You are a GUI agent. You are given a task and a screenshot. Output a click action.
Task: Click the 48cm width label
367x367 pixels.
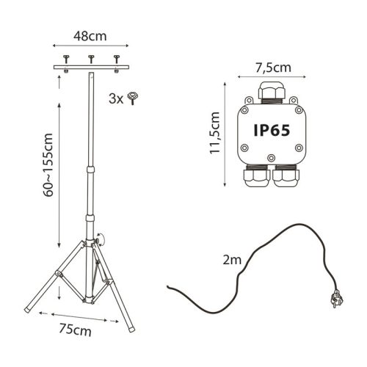click(91, 34)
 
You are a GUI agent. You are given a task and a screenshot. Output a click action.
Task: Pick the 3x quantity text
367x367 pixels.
click(115, 98)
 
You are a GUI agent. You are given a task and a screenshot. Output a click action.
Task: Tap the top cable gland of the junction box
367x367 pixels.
click(272, 92)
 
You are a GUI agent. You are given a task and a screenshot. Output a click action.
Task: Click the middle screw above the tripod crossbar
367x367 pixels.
click(91, 58)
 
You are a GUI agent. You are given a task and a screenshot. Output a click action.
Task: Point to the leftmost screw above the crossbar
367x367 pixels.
click(65, 58)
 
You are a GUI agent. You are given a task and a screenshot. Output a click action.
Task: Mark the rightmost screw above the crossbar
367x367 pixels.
click(116, 58)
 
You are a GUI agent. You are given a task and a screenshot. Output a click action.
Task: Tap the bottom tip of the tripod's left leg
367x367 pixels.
click(28, 307)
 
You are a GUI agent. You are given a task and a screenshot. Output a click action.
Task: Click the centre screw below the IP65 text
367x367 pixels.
click(272, 156)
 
